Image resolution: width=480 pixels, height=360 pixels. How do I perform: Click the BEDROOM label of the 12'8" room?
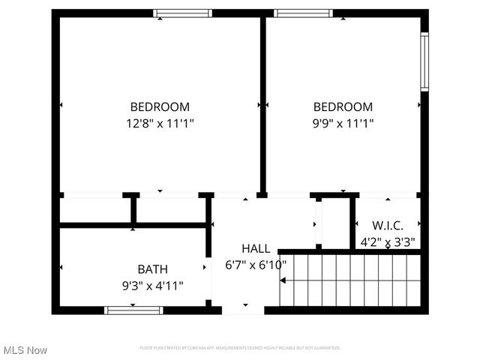160,106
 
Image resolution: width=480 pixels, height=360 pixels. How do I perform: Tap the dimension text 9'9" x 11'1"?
343,122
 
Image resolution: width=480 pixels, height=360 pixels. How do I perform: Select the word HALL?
256,248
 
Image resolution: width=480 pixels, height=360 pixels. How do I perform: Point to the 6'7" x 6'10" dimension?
256,265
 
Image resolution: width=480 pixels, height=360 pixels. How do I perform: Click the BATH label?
152,269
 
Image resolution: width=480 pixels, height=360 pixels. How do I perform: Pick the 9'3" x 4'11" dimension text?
152,285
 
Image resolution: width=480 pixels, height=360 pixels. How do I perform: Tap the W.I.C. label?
388,225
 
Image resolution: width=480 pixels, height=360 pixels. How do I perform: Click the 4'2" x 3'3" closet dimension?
388,241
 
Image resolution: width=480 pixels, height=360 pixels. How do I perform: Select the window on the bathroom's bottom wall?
123,310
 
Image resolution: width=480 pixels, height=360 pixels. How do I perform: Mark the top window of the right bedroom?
302,13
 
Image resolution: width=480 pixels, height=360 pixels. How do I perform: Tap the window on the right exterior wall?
424,61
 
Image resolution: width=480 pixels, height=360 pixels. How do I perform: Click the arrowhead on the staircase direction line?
283,281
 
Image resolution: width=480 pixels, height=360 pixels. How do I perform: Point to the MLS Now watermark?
25,350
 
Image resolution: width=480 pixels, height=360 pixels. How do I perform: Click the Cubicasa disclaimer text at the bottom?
240,348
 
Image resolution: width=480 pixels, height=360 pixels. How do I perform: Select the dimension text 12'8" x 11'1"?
160,122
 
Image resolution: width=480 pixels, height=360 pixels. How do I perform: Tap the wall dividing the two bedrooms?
263,105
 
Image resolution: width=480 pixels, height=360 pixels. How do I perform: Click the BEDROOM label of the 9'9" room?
343,106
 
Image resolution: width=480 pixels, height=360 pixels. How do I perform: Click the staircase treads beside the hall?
349,281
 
